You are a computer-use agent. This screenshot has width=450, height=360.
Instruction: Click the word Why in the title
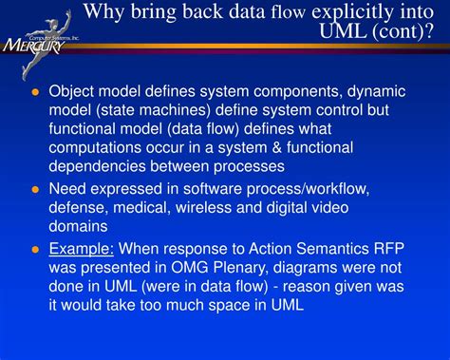[x=107, y=12]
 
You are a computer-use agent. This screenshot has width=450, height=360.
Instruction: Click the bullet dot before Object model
[x=35, y=92]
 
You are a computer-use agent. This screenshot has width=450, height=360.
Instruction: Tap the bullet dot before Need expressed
[x=35, y=189]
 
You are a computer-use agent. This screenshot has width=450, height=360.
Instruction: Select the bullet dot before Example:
[x=35, y=248]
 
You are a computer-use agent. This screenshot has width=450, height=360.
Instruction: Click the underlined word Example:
[x=82, y=247]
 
